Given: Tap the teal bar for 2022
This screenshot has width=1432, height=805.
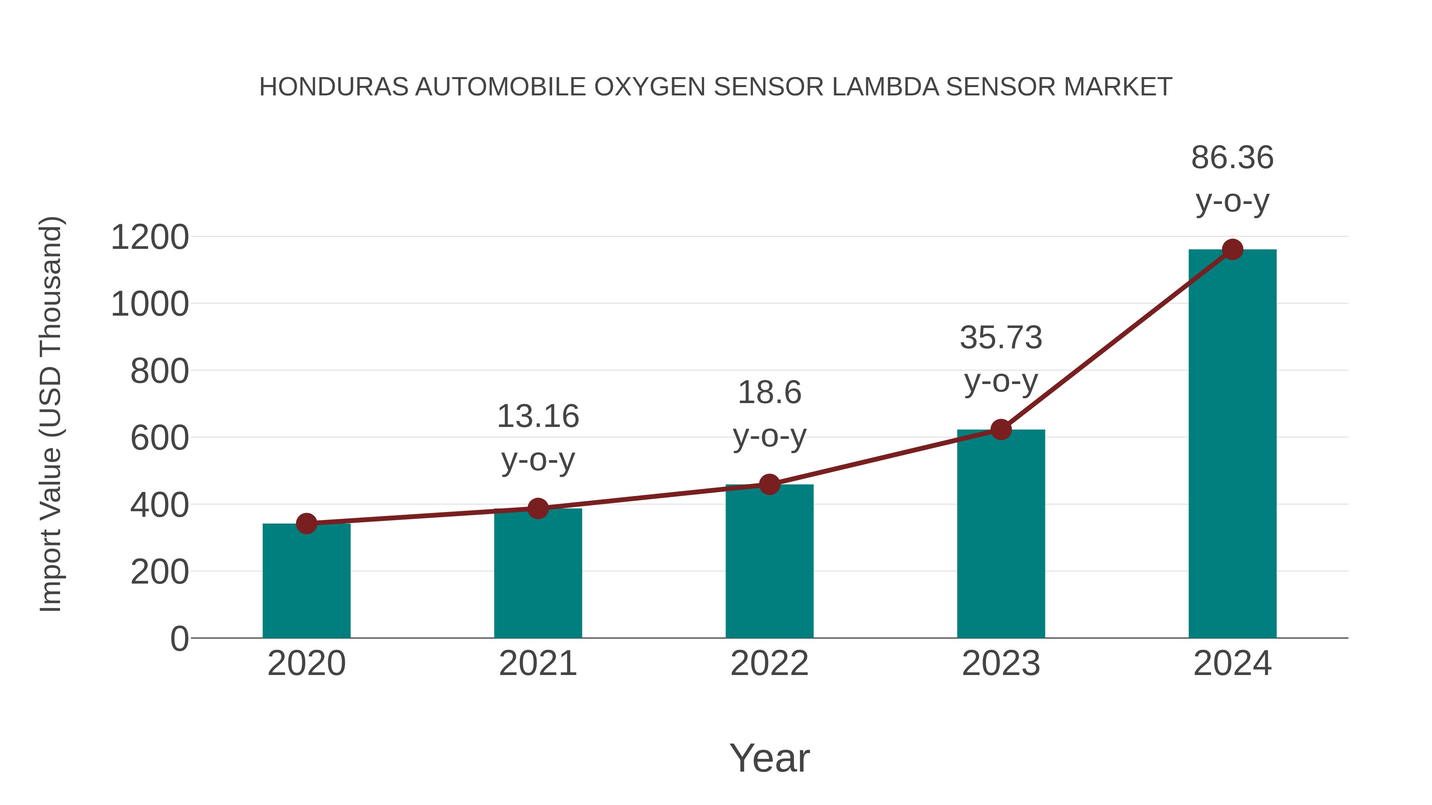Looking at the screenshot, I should click(769, 561).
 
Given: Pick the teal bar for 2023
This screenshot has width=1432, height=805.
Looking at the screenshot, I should click(1001, 533).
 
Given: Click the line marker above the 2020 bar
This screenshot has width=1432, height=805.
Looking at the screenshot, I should click(306, 523).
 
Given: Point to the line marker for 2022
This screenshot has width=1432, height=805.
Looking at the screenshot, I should click(769, 485).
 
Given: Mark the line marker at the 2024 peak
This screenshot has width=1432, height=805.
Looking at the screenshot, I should click(1232, 249).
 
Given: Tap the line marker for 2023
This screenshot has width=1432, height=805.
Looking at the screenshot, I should click(1001, 429).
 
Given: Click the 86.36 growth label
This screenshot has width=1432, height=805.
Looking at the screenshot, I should click(1232, 158).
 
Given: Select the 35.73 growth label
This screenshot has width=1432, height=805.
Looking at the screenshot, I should click(1001, 338).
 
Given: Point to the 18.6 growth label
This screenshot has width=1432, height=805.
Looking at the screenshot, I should click(769, 393).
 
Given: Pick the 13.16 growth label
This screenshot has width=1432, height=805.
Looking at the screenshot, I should click(537, 416).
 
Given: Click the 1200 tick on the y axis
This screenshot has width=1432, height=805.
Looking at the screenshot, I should click(150, 237).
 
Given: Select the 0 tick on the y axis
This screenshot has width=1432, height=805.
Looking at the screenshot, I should click(179, 638).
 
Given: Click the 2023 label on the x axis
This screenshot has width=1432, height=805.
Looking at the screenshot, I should click(1001, 663).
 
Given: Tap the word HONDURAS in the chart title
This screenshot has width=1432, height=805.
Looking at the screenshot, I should click(334, 87).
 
